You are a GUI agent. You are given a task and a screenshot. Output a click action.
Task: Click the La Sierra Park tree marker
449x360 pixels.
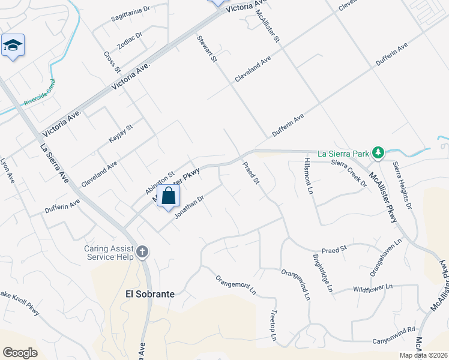click(x=378, y=153)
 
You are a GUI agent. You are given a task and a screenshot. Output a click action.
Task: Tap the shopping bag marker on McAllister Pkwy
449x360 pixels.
click(x=169, y=196)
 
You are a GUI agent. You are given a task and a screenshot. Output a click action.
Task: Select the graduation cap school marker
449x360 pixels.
click(x=13, y=46)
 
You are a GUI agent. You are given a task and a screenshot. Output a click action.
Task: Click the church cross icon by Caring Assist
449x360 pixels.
click(x=142, y=251)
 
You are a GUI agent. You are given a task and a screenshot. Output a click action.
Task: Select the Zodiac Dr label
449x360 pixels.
click(x=130, y=40)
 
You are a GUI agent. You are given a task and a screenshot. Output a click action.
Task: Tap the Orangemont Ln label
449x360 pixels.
click(x=236, y=285)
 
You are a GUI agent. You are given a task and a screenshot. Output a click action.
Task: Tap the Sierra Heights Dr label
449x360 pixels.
click(x=403, y=184)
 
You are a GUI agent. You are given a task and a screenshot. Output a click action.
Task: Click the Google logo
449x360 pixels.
click(x=20, y=352)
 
